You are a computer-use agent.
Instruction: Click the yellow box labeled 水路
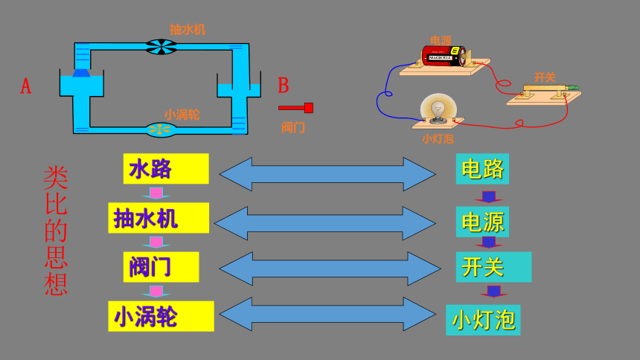click(x=166, y=169)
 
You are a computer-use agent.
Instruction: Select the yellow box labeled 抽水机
click(x=159, y=218)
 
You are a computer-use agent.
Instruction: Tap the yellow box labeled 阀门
click(x=161, y=267)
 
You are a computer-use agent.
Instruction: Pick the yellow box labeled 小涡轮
click(x=161, y=316)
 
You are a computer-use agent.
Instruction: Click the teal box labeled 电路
click(x=482, y=169)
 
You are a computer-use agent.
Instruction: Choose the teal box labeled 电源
click(x=482, y=222)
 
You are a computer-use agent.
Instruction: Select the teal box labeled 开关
click(x=493, y=267)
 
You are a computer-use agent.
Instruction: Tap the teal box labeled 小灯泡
click(x=483, y=320)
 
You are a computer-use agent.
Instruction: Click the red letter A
click(x=26, y=86)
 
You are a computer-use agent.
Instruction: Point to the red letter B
click(x=284, y=86)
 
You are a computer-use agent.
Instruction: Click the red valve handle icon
click(x=295, y=108)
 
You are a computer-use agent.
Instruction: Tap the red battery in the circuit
click(x=444, y=56)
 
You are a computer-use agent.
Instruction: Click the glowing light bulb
click(x=438, y=108)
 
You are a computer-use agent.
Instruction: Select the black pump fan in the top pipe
click(x=161, y=47)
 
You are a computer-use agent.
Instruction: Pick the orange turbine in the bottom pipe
click(x=161, y=130)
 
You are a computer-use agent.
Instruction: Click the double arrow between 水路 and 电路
click(x=327, y=174)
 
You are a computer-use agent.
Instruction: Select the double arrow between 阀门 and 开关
click(x=330, y=269)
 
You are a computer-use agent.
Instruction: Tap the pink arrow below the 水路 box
click(x=156, y=193)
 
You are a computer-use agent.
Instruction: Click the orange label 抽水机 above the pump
click(x=188, y=30)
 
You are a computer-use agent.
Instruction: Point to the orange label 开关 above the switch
click(x=545, y=77)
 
